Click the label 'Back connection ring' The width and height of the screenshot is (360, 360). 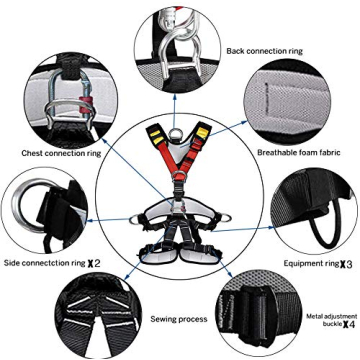pos(266,49)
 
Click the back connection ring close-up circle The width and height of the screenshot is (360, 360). pos(179,39)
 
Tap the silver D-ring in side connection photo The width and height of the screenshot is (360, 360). pos(30,211)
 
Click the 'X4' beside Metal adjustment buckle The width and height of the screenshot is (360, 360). pos(346,324)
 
